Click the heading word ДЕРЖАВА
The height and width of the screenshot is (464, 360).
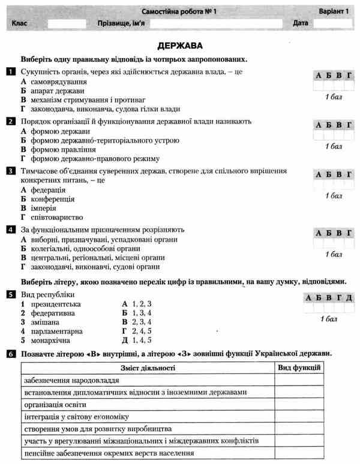pos(180,45)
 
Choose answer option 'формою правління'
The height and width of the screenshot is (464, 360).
pos(58,149)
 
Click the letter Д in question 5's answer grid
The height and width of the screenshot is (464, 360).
pos(349,298)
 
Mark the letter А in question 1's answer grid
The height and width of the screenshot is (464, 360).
pos(318,76)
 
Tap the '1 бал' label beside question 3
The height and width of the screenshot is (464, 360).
pos(334,195)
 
